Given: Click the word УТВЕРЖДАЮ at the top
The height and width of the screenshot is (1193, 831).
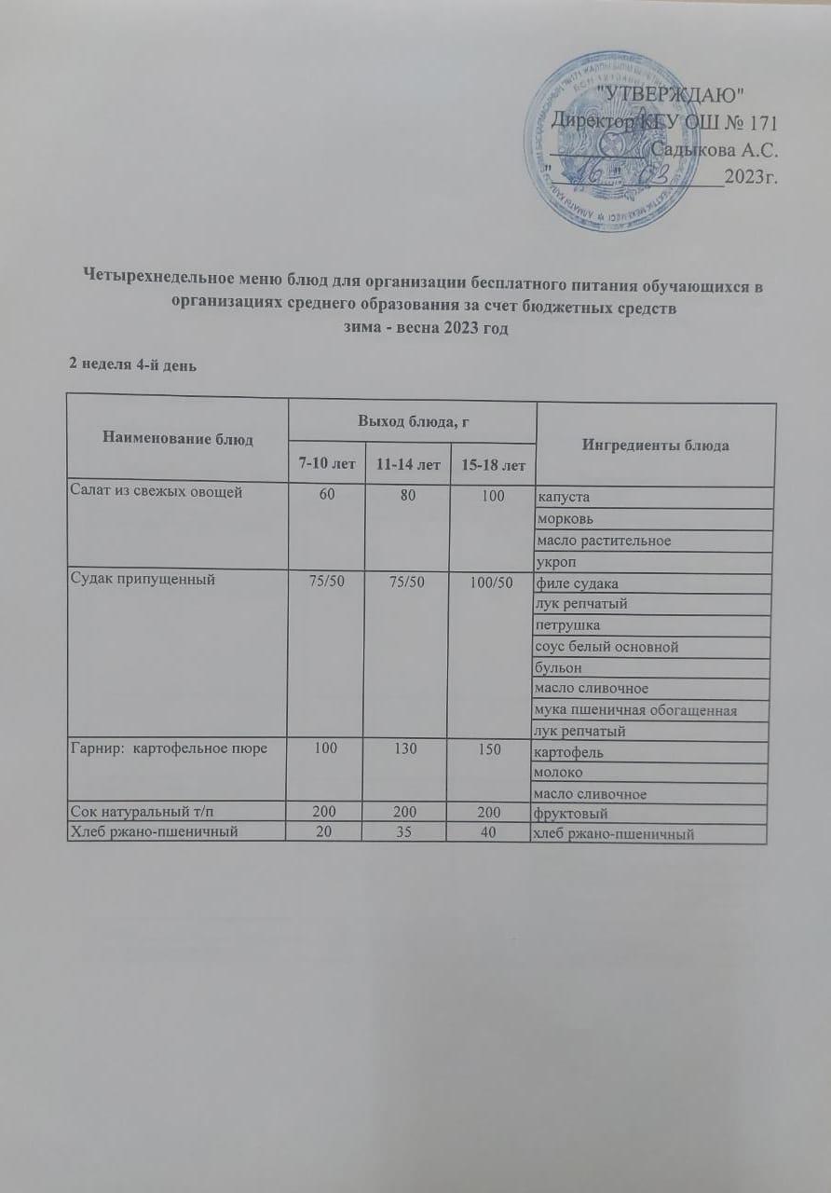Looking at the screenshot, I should pos(670,94).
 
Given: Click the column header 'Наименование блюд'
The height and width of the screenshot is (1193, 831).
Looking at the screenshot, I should pos(177,438).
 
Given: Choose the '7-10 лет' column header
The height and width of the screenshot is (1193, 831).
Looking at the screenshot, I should pos(325,463).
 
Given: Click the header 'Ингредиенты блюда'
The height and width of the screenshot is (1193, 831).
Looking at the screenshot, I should pos(655,446).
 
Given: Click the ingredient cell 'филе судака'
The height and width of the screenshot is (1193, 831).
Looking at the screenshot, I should pos(577,584).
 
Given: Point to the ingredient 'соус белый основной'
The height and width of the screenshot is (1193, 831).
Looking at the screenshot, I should pos(606,647).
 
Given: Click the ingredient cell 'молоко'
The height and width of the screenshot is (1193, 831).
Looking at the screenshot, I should pos(558,773).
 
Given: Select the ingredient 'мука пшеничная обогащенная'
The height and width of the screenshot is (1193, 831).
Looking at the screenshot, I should pos(635,711).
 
